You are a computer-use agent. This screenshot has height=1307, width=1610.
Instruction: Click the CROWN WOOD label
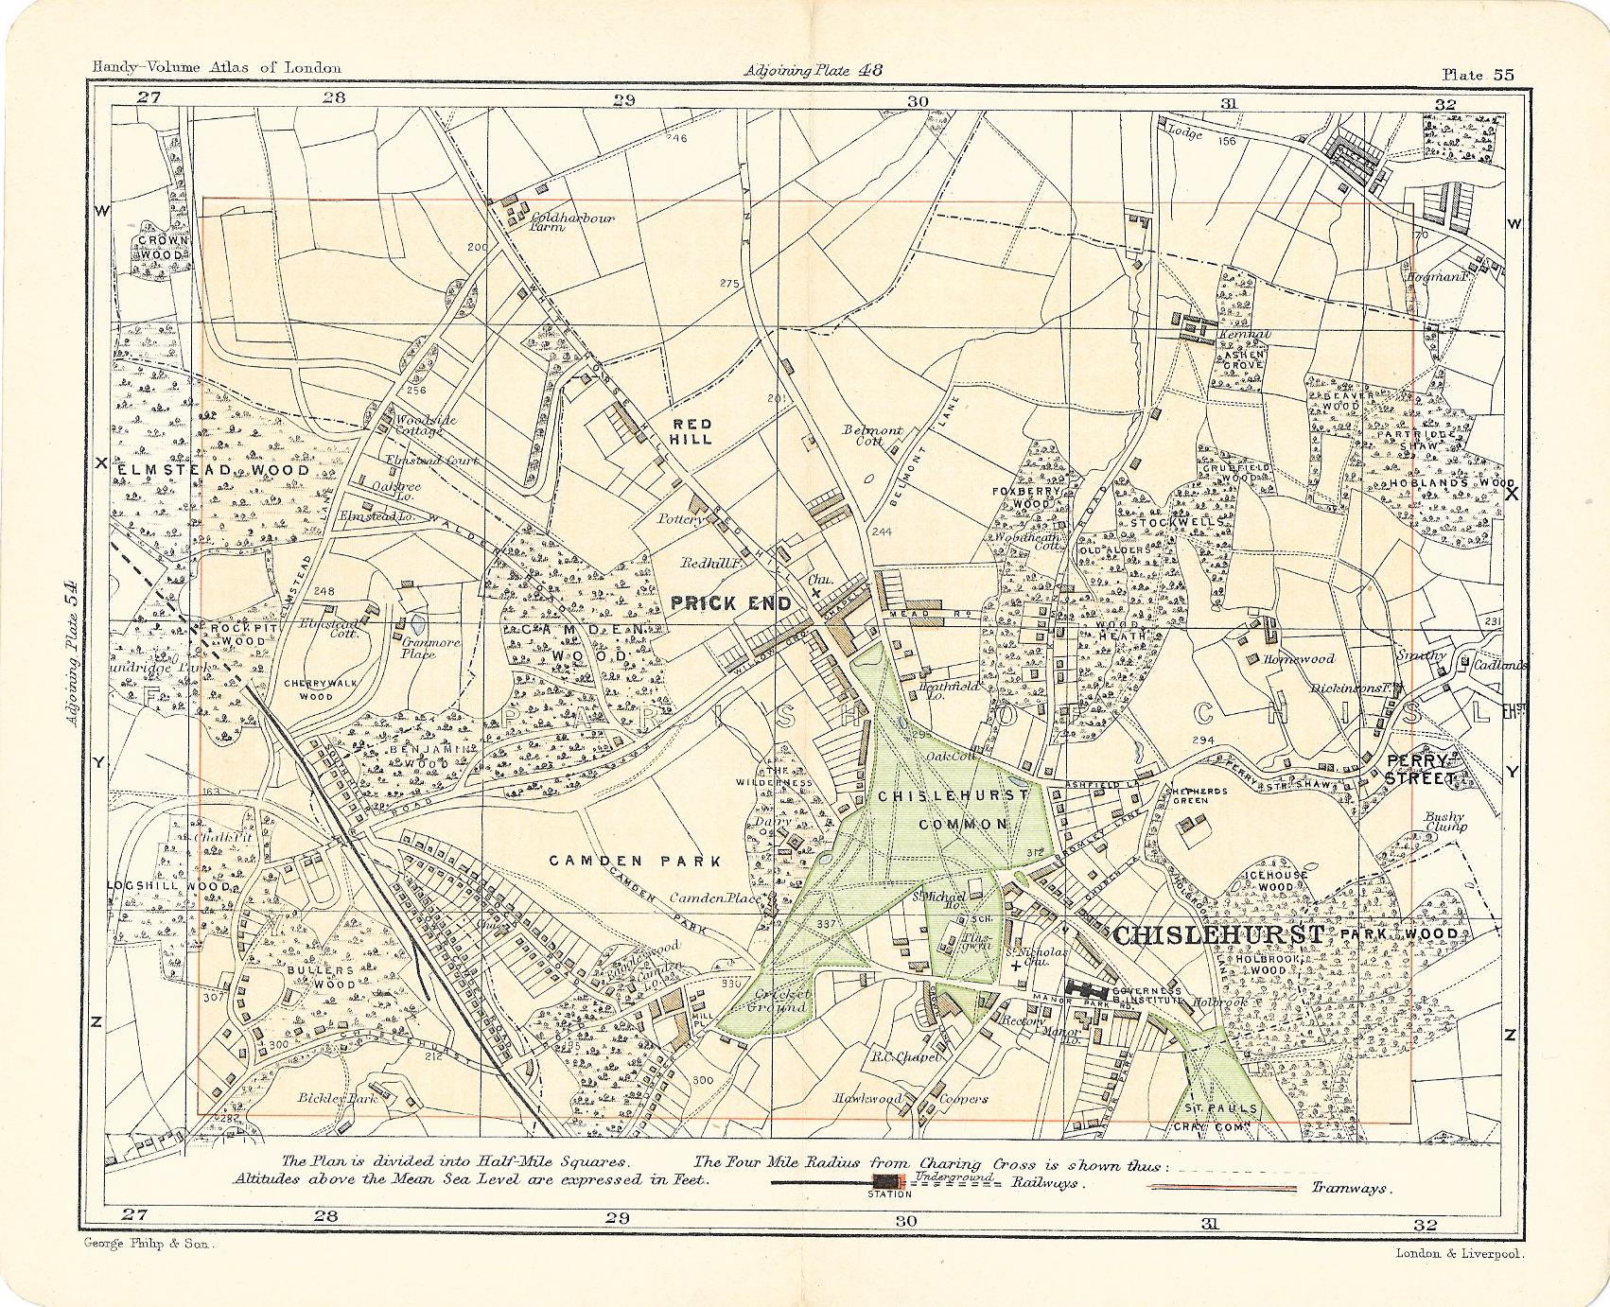tap(163, 247)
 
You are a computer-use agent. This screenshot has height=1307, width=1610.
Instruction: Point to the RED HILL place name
tap(691, 432)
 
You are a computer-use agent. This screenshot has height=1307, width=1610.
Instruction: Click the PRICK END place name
tap(730, 602)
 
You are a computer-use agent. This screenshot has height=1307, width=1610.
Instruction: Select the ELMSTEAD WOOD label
tap(215, 469)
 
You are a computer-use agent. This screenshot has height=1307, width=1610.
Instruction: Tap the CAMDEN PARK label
tap(636, 861)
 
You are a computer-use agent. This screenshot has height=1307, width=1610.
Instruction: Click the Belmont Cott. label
tap(872, 435)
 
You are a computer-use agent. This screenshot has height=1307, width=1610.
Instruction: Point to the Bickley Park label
tap(338, 1098)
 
